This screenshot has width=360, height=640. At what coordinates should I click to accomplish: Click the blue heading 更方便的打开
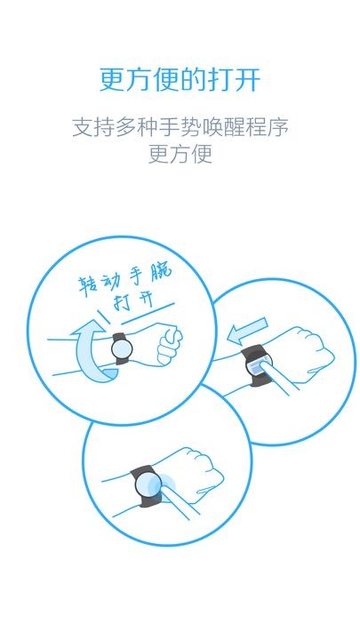(180, 79)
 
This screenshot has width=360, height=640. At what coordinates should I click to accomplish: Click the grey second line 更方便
(180, 154)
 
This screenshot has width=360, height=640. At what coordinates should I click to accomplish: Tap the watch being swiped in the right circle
(255, 365)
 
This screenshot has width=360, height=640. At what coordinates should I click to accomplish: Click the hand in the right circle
(307, 352)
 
